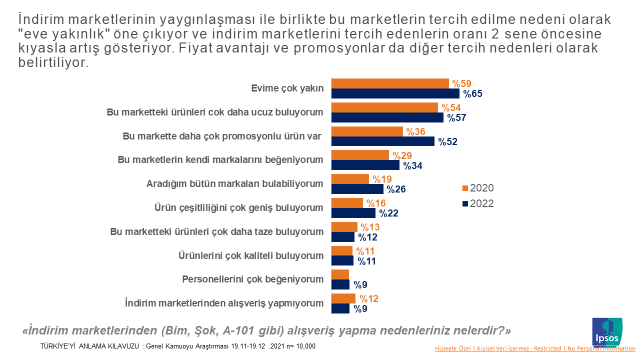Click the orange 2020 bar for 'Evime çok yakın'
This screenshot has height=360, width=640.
390,84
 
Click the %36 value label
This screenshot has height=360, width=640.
414,131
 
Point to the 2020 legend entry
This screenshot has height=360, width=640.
480,188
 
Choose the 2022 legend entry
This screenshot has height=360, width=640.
480,203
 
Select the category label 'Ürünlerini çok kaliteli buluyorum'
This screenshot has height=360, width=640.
251,256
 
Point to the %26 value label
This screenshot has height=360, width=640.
395,189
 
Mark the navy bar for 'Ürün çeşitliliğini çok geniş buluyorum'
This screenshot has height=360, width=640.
353,213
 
